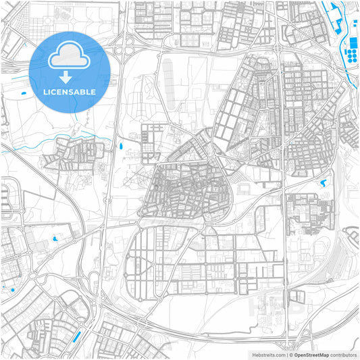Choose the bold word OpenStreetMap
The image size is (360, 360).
point(311,355)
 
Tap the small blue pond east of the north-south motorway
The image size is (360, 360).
point(121,144)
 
